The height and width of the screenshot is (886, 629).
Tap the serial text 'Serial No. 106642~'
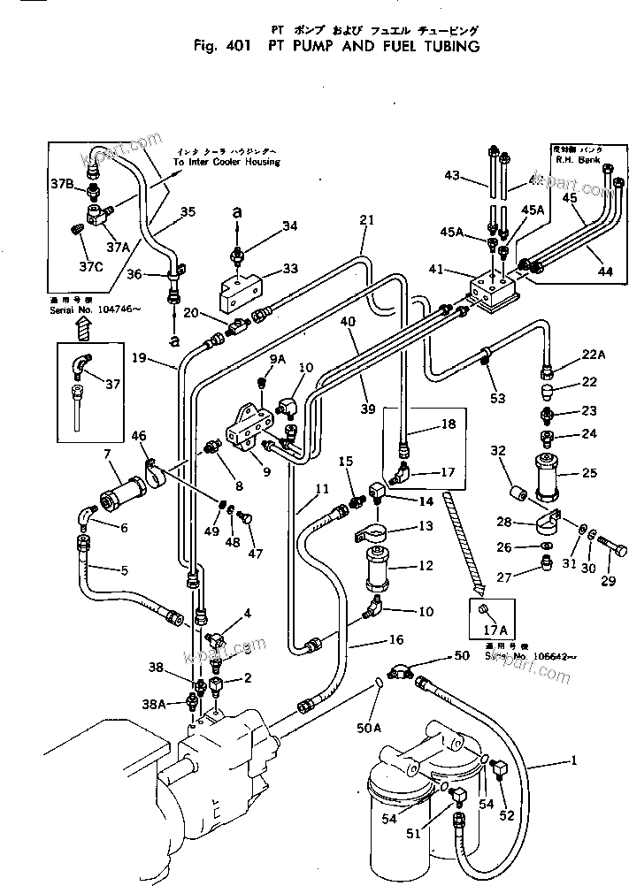pos(520,657)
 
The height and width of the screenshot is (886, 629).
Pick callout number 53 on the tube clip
pos(497,398)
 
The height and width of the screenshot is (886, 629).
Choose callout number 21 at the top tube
pos(367,219)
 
